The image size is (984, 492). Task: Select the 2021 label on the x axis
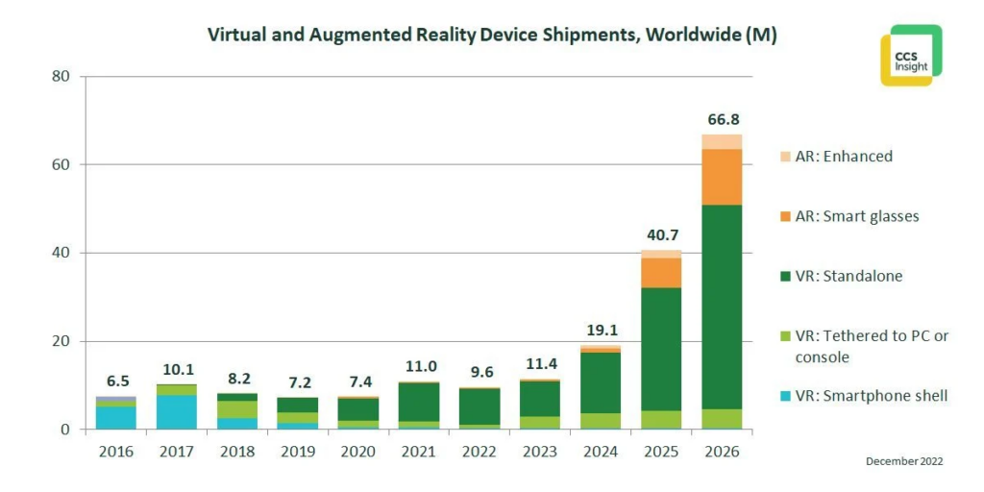pos(419,452)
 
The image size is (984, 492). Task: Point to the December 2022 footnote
pos(904,461)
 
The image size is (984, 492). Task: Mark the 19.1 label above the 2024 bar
pos(600,330)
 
